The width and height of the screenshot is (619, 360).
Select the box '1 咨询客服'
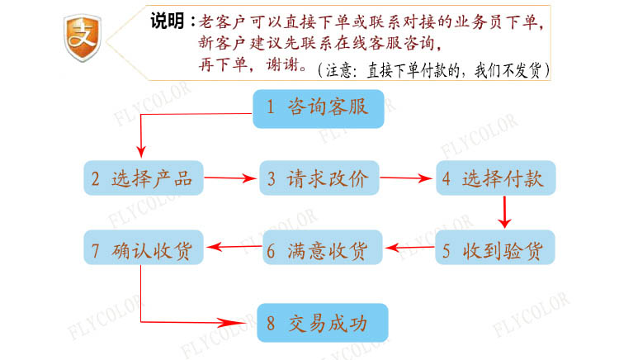pyautogui.click(x=318, y=108)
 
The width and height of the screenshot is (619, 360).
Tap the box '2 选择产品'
pyautogui.click(x=142, y=178)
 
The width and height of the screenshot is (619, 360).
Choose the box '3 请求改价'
pyautogui.click(x=317, y=178)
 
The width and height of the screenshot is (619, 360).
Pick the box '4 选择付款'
pyautogui.click(x=496, y=178)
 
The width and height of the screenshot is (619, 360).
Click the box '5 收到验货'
pyautogui.click(x=495, y=248)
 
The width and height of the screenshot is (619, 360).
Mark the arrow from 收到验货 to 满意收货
pyautogui.click(x=409, y=248)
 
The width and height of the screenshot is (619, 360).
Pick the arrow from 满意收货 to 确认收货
pyautogui.click(x=233, y=248)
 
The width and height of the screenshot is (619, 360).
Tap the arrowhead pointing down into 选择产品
pyautogui.click(x=141, y=149)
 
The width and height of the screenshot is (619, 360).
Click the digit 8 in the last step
pyautogui.click(x=271, y=322)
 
